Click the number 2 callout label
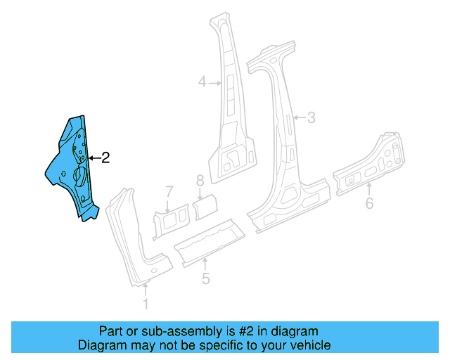(105, 158)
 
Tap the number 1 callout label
(146, 304)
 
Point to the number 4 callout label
(202, 83)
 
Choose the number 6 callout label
(369, 205)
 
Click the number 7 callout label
(169, 191)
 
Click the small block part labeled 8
(206, 205)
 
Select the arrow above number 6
(369, 188)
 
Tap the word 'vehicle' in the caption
(311, 345)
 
